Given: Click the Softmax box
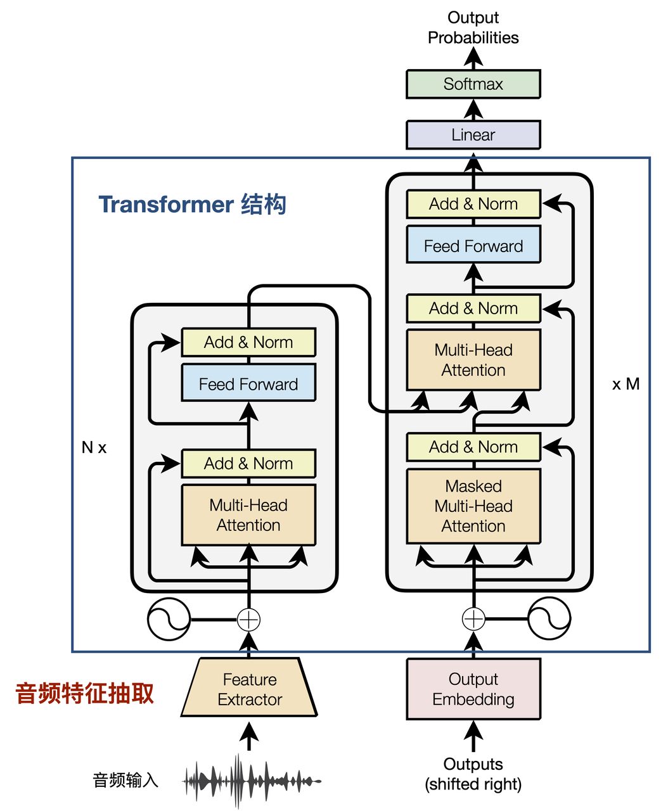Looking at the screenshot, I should [473, 84].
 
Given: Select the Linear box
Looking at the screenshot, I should [473, 135].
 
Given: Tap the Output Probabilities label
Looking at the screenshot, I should [473, 27].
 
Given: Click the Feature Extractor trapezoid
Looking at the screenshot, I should [249, 689].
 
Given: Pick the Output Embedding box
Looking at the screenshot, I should [473, 689].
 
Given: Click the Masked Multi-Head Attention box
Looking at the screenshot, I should [473, 506].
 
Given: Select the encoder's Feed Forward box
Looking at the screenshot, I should [248, 383].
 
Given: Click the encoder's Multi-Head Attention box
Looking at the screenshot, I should [248, 515].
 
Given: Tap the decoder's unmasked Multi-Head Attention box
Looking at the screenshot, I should [473, 360].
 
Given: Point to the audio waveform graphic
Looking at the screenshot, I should [252, 781].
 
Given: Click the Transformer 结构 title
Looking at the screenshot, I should [192, 205].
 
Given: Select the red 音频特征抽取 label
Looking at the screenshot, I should [84, 693].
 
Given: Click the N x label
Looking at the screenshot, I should [94, 447].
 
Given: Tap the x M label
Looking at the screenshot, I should [626, 384].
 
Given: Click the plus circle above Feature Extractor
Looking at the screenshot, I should [248, 619].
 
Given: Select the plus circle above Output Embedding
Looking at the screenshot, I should [473, 618].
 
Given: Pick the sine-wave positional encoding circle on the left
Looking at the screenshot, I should [169, 618].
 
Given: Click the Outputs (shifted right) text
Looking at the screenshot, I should [473, 774].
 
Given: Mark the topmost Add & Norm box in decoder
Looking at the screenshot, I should [473, 204].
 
